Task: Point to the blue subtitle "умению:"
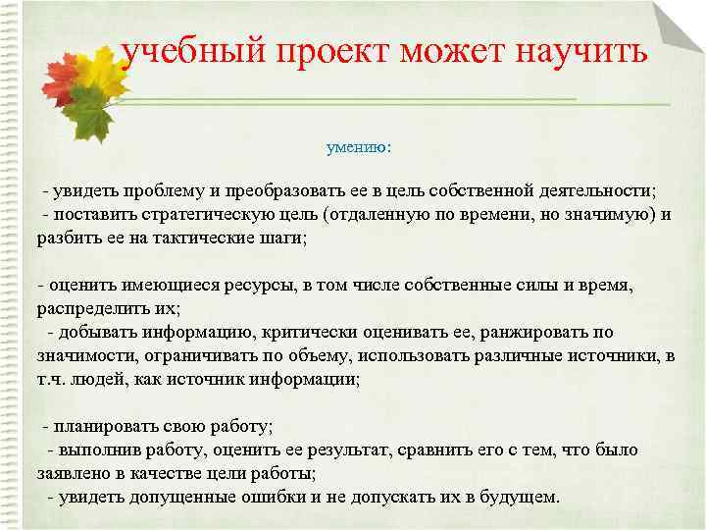[358, 148]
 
